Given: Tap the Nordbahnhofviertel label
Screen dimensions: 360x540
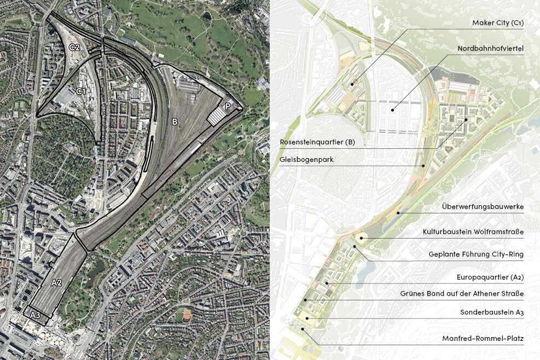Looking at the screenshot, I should [491, 49].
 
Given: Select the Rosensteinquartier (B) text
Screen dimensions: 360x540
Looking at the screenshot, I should [317, 142].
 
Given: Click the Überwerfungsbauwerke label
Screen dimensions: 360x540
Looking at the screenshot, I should [483, 207].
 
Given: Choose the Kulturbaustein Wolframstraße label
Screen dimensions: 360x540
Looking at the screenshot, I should [473, 232].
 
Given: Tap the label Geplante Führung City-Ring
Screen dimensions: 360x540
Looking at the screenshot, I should [476, 254].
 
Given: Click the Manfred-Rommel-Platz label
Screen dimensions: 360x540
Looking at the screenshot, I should [483, 339].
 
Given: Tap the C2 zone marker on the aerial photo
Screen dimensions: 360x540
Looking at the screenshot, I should [74, 48].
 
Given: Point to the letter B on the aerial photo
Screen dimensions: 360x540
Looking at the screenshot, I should [175, 121].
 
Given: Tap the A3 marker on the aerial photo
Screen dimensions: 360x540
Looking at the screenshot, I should [35, 315].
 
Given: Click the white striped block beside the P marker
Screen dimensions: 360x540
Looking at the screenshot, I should [218, 115].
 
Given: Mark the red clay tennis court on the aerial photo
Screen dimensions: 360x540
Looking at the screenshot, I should [188, 315].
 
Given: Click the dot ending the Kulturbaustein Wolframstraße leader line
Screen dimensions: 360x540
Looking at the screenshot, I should [362, 239].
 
